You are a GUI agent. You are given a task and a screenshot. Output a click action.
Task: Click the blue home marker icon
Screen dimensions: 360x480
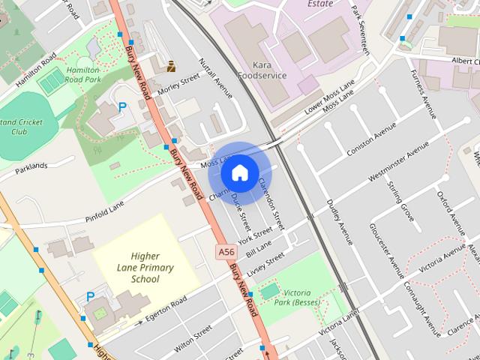239,172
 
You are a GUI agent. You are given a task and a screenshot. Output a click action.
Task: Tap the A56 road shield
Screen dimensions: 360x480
223,252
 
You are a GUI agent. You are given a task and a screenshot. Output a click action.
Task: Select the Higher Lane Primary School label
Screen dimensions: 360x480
145,268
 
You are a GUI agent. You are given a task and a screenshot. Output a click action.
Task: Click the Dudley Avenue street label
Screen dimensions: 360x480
340,222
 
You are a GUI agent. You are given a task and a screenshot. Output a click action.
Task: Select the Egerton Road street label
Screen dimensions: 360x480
166,309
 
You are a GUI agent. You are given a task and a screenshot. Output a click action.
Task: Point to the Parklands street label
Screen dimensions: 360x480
31,166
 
